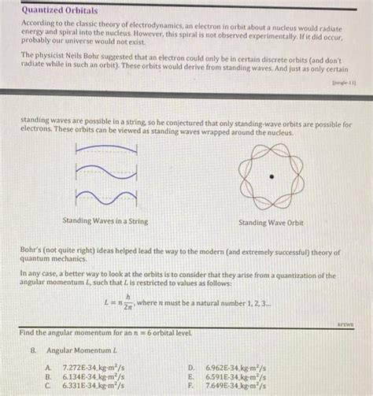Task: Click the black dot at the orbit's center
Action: point(271,177)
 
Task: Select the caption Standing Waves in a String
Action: point(105,221)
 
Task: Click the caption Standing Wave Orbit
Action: point(271,223)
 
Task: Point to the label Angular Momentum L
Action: point(82,349)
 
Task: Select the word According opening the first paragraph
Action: point(39,26)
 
